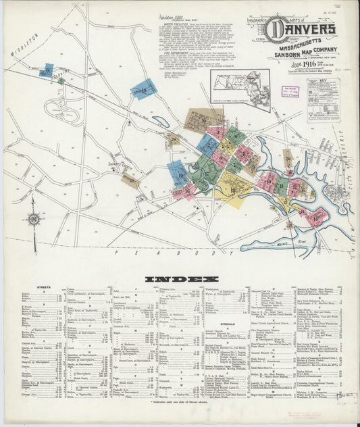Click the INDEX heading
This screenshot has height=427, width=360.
point(180,278)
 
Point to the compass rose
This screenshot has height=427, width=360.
point(33,219)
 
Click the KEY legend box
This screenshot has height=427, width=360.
point(323,100)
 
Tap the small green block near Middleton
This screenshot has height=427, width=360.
point(61,80)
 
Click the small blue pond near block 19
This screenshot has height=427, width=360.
point(161,122)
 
